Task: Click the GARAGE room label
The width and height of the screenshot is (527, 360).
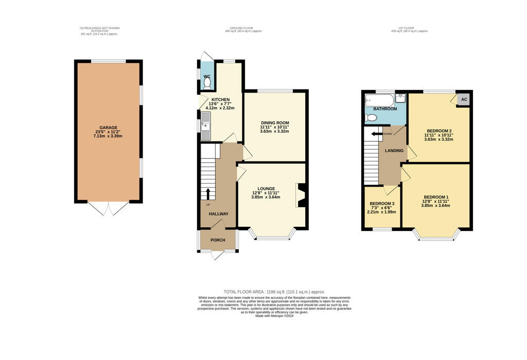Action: (109, 128)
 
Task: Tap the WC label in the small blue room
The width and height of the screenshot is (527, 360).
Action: (207, 77)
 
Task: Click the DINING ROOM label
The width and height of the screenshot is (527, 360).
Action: (274, 122)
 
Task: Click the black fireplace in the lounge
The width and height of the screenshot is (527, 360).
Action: (302, 195)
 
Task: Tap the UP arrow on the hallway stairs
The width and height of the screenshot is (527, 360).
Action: (208, 193)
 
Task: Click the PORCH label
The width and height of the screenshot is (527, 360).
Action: (218, 240)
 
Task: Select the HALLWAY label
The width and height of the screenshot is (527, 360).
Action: (218, 214)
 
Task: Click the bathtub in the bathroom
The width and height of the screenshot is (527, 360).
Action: (379, 100)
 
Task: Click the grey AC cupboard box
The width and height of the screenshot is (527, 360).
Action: (464, 99)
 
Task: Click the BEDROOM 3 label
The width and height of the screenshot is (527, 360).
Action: (381, 204)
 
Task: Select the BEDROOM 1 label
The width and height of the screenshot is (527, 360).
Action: (436, 197)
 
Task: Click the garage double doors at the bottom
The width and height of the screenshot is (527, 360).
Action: (109, 208)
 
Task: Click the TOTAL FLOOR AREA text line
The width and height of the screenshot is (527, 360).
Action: (274, 292)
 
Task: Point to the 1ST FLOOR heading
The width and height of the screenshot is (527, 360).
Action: (410, 28)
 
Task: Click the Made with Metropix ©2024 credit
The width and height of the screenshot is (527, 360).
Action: (274, 316)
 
